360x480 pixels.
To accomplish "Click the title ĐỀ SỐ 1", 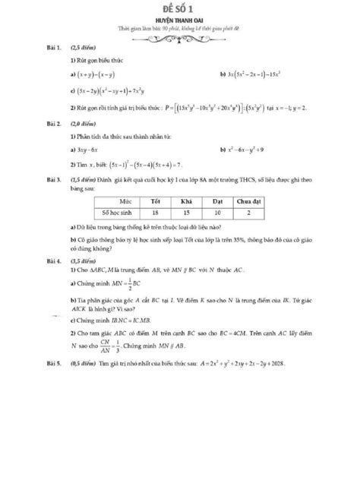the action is click(180, 9).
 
